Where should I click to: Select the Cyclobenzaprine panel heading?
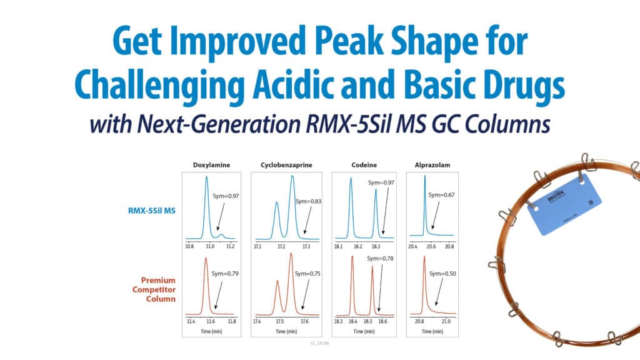coord(286,165)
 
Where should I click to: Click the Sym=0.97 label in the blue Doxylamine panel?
coord(226,196)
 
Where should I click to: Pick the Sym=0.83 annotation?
coord(307,201)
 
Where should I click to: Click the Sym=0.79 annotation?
coord(226,274)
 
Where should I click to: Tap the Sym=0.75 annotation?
coord(307,274)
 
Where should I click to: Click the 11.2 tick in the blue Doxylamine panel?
coord(230,247)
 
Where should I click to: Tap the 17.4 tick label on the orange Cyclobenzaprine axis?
coord(257,321)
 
